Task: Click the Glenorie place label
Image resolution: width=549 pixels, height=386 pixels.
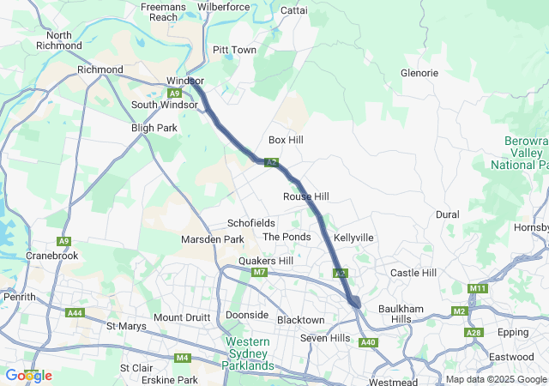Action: click(x=419, y=73)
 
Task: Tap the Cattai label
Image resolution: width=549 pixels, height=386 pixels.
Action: click(x=294, y=10)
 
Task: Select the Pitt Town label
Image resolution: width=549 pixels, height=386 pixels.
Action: click(x=234, y=50)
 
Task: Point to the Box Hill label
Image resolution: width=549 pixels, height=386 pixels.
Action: click(x=286, y=139)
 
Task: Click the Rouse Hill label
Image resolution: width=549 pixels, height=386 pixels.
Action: click(x=306, y=196)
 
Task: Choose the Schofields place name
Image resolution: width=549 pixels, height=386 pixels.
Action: click(x=250, y=223)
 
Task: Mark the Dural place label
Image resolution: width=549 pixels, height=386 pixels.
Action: click(x=447, y=214)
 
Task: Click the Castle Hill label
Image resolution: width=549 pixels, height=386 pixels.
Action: click(x=413, y=273)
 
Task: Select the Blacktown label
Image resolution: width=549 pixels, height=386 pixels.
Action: click(x=301, y=320)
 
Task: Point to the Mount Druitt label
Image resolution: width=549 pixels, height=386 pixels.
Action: click(x=182, y=317)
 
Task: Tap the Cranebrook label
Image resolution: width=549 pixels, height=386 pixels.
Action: click(x=53, y=256)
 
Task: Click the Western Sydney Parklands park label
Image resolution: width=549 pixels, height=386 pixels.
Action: click(x=249, y=353)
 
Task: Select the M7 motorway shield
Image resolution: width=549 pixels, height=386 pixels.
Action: click(x=260, y=273)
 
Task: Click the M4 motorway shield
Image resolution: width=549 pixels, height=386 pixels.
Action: click(x=182, y=358)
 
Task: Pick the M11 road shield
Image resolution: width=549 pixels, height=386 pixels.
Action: click(x=478, y=288)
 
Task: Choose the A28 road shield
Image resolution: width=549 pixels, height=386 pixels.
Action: click(x=474, y=332)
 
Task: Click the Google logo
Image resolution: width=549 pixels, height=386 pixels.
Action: click(x=28, y=375)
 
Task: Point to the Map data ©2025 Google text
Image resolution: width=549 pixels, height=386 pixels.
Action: click(x=496, y=379)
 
